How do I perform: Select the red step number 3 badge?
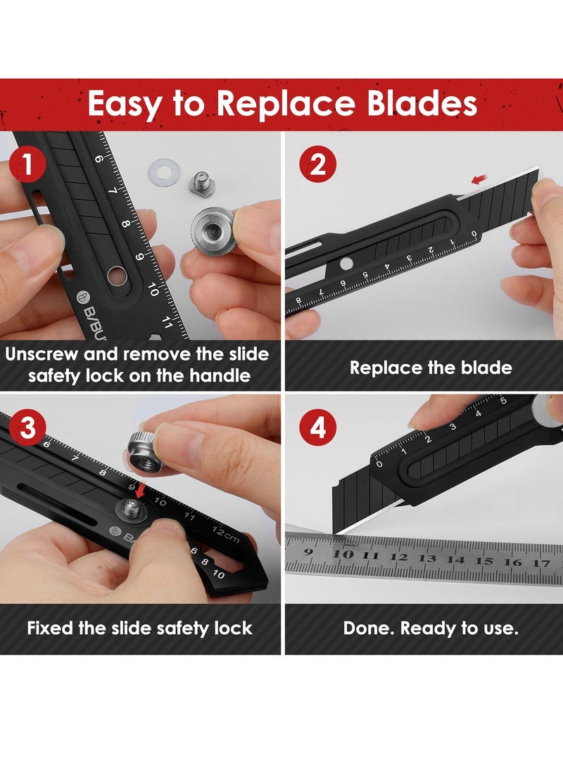tap(27, 427)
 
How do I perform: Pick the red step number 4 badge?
tap(318, 427)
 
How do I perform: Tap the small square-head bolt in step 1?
tap(203, 186)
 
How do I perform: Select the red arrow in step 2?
tap(479, 180)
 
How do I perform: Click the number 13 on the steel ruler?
tap(427, 557)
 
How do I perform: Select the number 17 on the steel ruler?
tap(540, 562)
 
